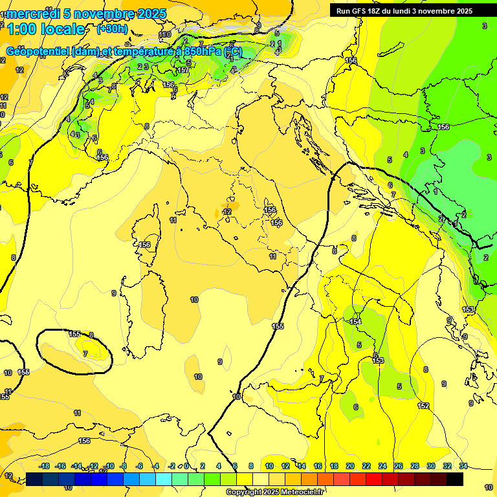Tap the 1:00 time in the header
pos(20,29)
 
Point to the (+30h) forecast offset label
pos(112,29)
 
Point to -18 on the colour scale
pos(45,466)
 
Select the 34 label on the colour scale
pos(463,466)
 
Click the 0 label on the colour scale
pos(186,466)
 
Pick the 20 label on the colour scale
pos(350,466)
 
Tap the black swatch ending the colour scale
pos(455,479)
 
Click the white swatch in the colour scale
pos(261,479)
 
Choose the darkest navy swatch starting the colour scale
pos(34,479)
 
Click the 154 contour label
pos(355,322)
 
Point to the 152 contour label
pos(423,406)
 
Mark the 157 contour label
pos(183,70)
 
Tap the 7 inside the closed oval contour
pos(85,353)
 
